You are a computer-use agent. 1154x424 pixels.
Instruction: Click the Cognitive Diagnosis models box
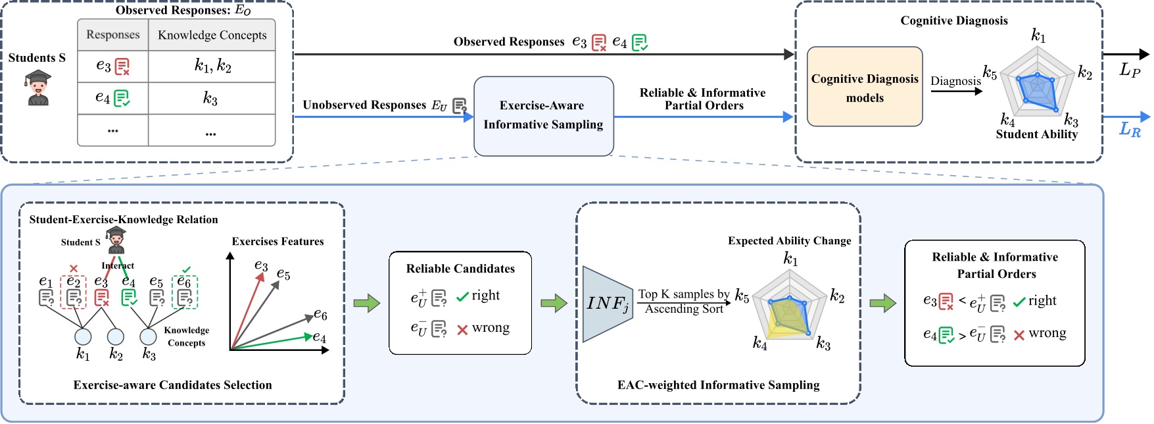(x=864, y=87)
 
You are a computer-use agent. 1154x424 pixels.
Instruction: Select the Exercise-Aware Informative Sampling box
(x=543, y=116)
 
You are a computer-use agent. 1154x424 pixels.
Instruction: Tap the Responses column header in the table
(x=113, y=35)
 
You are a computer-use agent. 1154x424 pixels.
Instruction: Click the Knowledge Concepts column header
(x=212, y=36)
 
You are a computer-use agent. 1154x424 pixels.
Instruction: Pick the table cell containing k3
(x=210, y=99)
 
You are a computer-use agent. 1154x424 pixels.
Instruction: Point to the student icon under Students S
(x=38, y=88)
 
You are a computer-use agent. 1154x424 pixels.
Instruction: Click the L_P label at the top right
(x=1130, y=70)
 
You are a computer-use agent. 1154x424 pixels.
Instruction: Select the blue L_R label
(x=1130, y=129)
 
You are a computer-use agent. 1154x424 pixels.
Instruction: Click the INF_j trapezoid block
(x=606, y=304)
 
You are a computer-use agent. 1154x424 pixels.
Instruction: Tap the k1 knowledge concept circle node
(x=83, y=336)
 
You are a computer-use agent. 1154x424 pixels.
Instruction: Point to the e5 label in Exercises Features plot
(x=283, y=274)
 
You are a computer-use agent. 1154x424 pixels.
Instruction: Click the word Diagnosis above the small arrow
(x=955, y=81)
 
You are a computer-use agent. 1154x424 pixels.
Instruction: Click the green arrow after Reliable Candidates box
(x=554, y=304)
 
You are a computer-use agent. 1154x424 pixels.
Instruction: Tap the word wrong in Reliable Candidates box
(x=491, y=328)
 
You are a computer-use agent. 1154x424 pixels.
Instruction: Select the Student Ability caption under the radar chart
(x=1036, y=134)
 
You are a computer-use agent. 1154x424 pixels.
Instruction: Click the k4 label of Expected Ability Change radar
(x=759, y=344)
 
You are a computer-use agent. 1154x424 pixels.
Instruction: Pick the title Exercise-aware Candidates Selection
(x=172, y=385)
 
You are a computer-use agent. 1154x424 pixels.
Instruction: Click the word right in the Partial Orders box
(x=1042, y=301)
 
